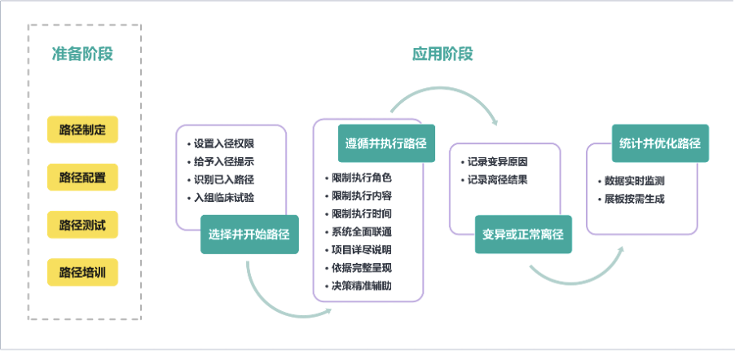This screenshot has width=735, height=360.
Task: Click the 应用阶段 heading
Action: click(442, 55)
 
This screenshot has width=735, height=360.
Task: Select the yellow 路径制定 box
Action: click(83, 129)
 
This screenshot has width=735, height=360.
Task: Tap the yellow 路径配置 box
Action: click(83, 177)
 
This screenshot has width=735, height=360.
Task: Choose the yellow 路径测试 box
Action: click(83, 225)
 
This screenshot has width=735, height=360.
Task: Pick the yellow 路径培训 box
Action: click(83, 272)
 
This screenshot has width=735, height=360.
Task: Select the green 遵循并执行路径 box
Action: click(385, 143)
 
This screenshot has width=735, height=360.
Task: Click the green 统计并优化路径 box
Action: click(660, 143)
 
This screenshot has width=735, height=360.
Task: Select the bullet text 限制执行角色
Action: click(361, 178)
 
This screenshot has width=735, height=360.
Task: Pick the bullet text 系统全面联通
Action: click(361, 231)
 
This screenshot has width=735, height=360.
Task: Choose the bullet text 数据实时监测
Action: click(634, 181)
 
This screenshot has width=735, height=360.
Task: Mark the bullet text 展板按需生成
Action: click(634, 199)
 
